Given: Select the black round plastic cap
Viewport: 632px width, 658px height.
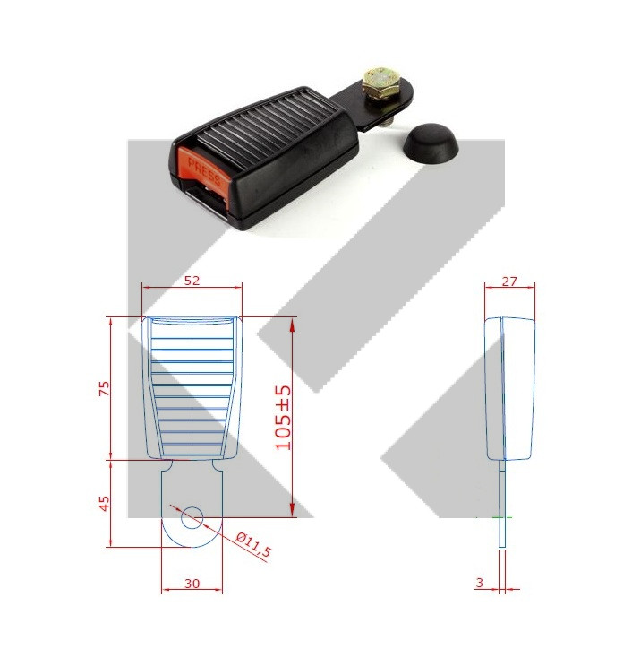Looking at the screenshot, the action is coord(431,143).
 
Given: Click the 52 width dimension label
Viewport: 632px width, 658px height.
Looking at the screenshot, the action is coord(192,281).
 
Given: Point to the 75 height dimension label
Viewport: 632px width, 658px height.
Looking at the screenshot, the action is coord(105,388).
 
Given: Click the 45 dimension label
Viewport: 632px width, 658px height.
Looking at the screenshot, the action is coord(105,503).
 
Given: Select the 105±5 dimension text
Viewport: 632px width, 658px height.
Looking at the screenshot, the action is coord(283,418).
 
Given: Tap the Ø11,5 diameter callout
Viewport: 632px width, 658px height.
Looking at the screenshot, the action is coord(253,545).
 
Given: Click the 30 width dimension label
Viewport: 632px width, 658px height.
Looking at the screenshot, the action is coord(192,584).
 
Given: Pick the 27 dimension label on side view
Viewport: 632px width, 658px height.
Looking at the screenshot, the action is coord(509,281).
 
